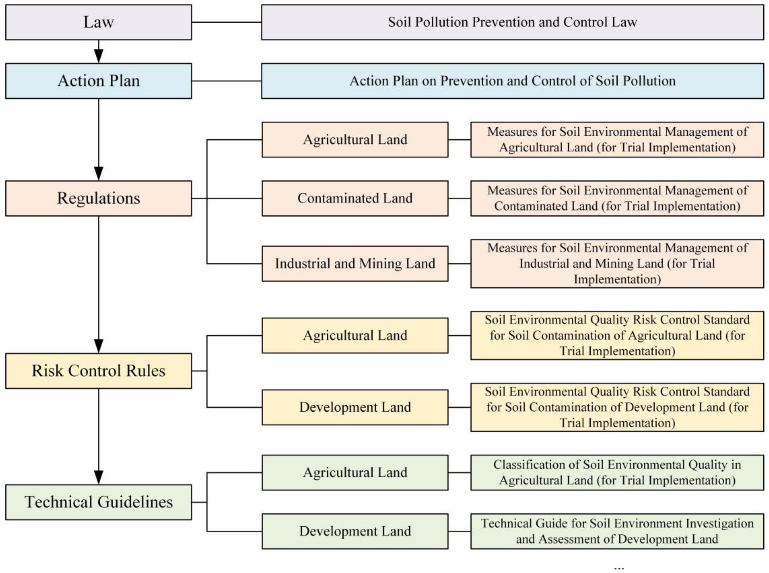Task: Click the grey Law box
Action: (x=98, y=22)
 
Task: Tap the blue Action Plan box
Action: (x=98, y=81)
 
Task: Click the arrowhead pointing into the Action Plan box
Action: (x=98, y=56)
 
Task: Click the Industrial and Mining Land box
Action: (x=355, y=264)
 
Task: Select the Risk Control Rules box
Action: (x=98, y=371)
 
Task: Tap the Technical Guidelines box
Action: (x=98, y=502)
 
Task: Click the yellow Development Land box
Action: (x=355, y=407)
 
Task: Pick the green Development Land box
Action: (x=355, y=531)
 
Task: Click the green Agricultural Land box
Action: (x=355, y=472)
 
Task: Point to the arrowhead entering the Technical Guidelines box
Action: (x=98, y=477)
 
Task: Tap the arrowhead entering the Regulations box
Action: (x=98, y=173)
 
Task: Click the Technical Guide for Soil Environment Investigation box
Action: (x=617, y=531)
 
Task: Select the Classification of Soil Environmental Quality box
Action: (x=617, y=472)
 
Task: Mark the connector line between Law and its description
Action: (x=226, y=22)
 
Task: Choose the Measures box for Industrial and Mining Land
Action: (x=617, y=264)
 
